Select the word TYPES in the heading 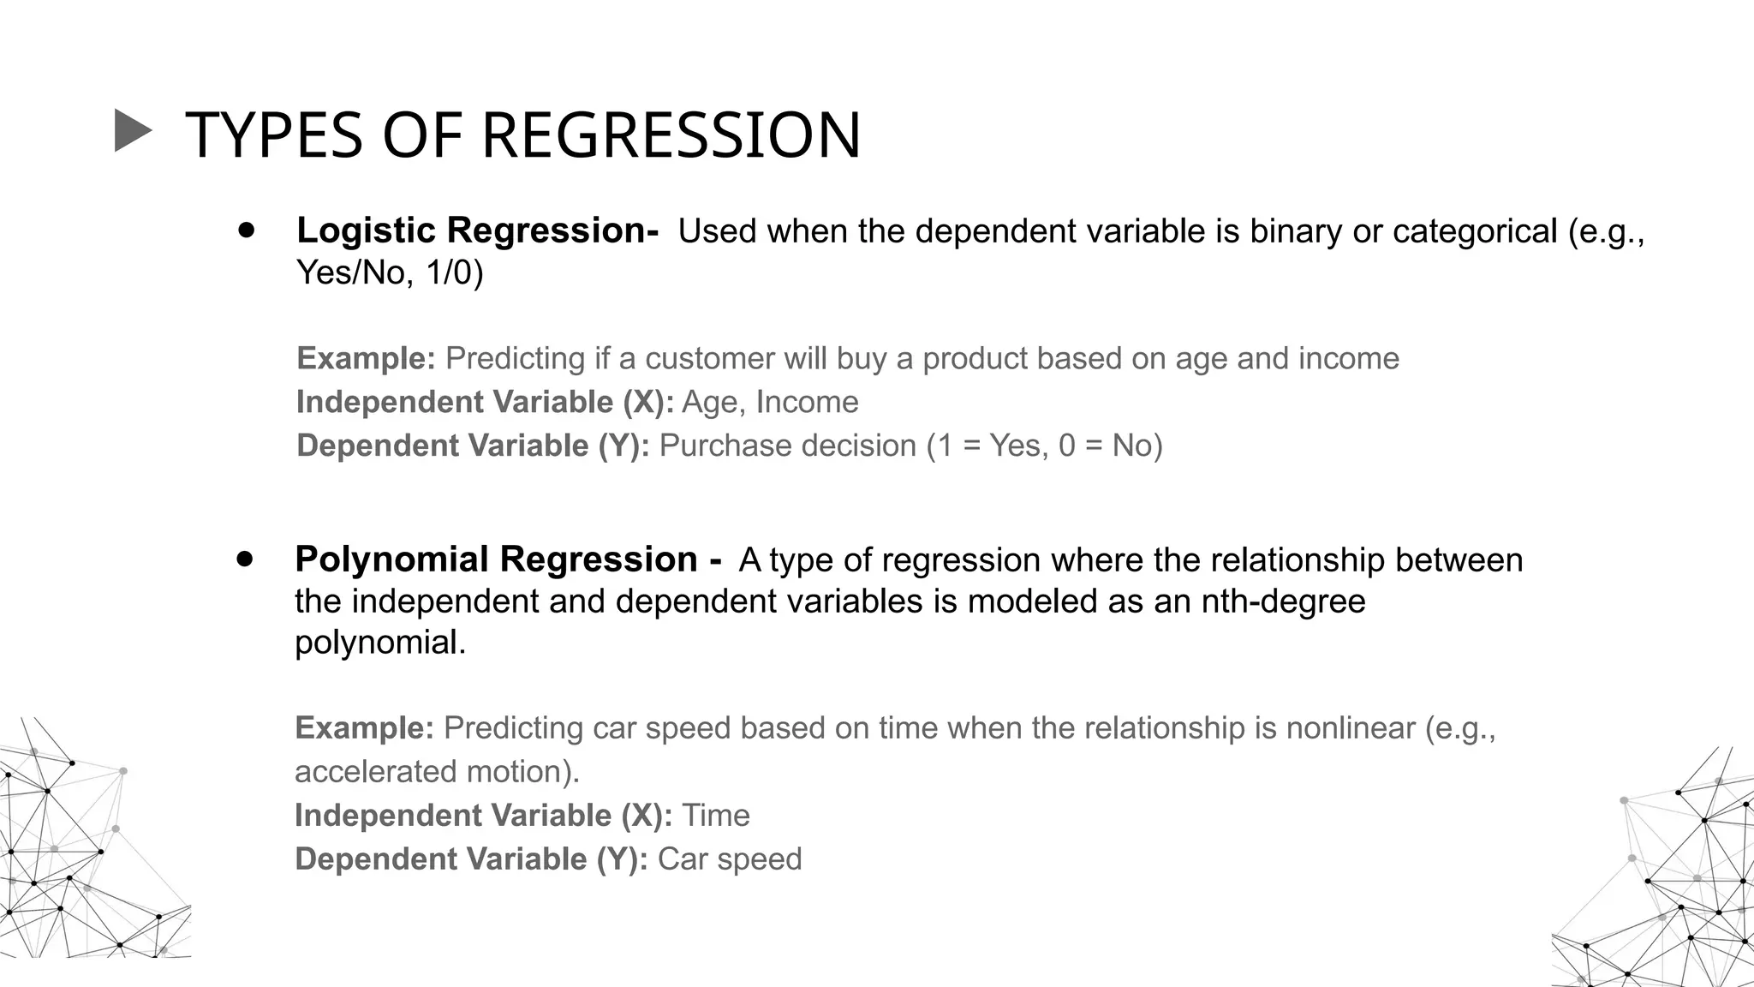(274, 135)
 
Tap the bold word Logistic (367, 230)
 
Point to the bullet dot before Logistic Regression (248, 230)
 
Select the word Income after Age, (807, 402)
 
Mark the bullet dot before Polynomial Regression (246, 559)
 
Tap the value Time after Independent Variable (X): (715, 816)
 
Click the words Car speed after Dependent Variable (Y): (730, 859)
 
